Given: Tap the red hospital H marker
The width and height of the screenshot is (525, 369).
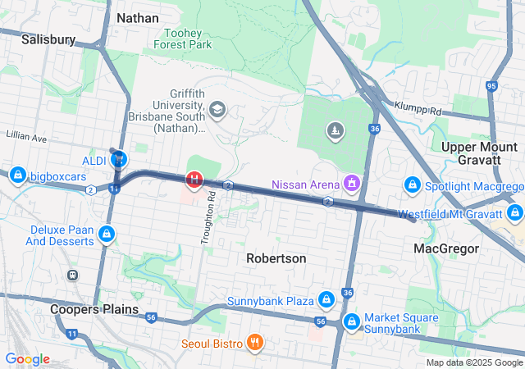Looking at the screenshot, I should [194, 178].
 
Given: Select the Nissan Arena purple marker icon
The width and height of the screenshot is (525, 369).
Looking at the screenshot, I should [352, 182].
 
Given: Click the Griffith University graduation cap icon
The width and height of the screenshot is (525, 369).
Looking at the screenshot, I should [217, 109].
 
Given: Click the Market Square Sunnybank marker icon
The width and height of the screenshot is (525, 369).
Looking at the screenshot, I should [352, 321].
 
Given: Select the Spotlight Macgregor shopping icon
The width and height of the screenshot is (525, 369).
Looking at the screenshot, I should [413, 186].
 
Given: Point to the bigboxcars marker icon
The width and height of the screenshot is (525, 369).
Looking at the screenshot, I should [16, 175].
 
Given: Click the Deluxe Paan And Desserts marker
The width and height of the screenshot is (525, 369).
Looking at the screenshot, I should [106, 235].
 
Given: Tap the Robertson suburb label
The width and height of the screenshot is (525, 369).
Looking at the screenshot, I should [276, 258].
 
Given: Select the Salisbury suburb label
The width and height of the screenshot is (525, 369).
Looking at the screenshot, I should [48, 39].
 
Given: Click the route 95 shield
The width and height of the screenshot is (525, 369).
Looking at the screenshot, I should [491, 85].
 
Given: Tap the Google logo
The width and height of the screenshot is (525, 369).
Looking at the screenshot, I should [27, 359].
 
